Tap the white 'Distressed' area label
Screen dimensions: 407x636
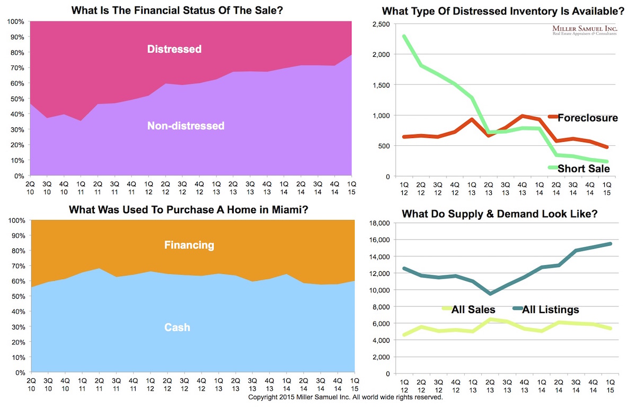(x=174, y=49)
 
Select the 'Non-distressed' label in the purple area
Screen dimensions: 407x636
(x=186, y=126)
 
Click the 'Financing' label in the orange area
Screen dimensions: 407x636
(x=189, y=245)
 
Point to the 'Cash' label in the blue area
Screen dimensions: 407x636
(x=177, y=327)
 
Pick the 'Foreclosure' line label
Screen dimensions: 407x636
(x=587, y=118)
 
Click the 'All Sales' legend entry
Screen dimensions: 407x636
(x=473, y=309)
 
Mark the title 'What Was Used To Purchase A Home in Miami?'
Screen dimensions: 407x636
(x=189, y=210)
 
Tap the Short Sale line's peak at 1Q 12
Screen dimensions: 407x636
(x=404, y=37)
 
